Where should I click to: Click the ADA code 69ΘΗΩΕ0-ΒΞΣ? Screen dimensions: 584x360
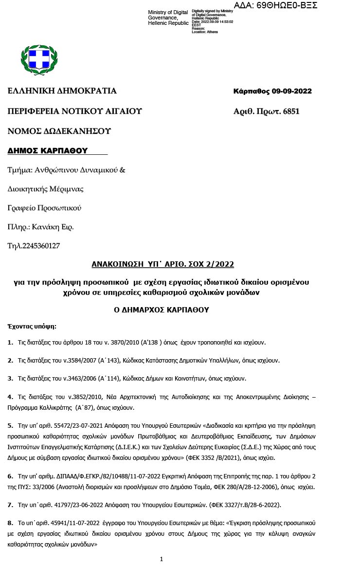click(275, 5)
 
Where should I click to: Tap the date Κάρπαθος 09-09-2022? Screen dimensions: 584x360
click(272, 91)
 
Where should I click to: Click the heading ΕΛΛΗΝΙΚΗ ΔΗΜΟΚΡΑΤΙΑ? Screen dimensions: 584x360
click(62, 91)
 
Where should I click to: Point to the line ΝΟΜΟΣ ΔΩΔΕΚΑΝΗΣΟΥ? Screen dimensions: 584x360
click(59, 131)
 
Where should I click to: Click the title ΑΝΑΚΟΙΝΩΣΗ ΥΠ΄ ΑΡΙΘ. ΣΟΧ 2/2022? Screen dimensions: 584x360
click(163, 264)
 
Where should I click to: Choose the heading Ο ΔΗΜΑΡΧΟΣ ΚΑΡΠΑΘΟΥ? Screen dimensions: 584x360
click(161, 309)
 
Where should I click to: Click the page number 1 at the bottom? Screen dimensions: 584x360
click(162, 559)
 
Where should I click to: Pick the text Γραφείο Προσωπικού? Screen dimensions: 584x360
click(44, 208)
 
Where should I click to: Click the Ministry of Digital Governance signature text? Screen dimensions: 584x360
click(168, 18)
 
